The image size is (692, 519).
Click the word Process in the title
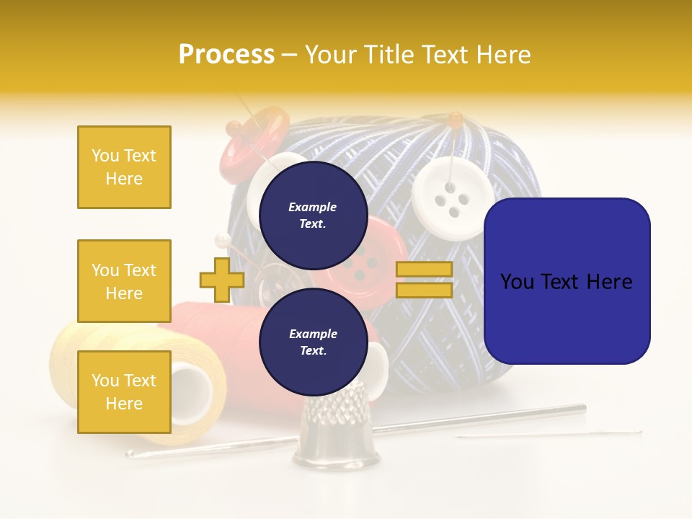[x=226, y=54]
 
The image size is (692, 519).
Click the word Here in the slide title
[x=502, y=54]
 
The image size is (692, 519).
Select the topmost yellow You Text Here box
[x=124, y=167]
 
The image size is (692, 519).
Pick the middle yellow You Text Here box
[x=124, y=281]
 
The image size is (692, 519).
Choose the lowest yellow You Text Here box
[x=124, y=391]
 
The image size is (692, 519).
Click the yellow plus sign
[x=221, y=280]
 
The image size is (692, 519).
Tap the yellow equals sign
[x=424, y=280]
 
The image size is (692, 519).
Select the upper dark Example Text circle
[x=313, y=215]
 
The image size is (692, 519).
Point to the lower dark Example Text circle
[x=313, y=342]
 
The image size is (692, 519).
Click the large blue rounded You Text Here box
[x=567, y=281]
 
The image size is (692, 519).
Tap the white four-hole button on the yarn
[x=453, y=198]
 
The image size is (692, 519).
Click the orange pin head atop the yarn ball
[x=454, y=117]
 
